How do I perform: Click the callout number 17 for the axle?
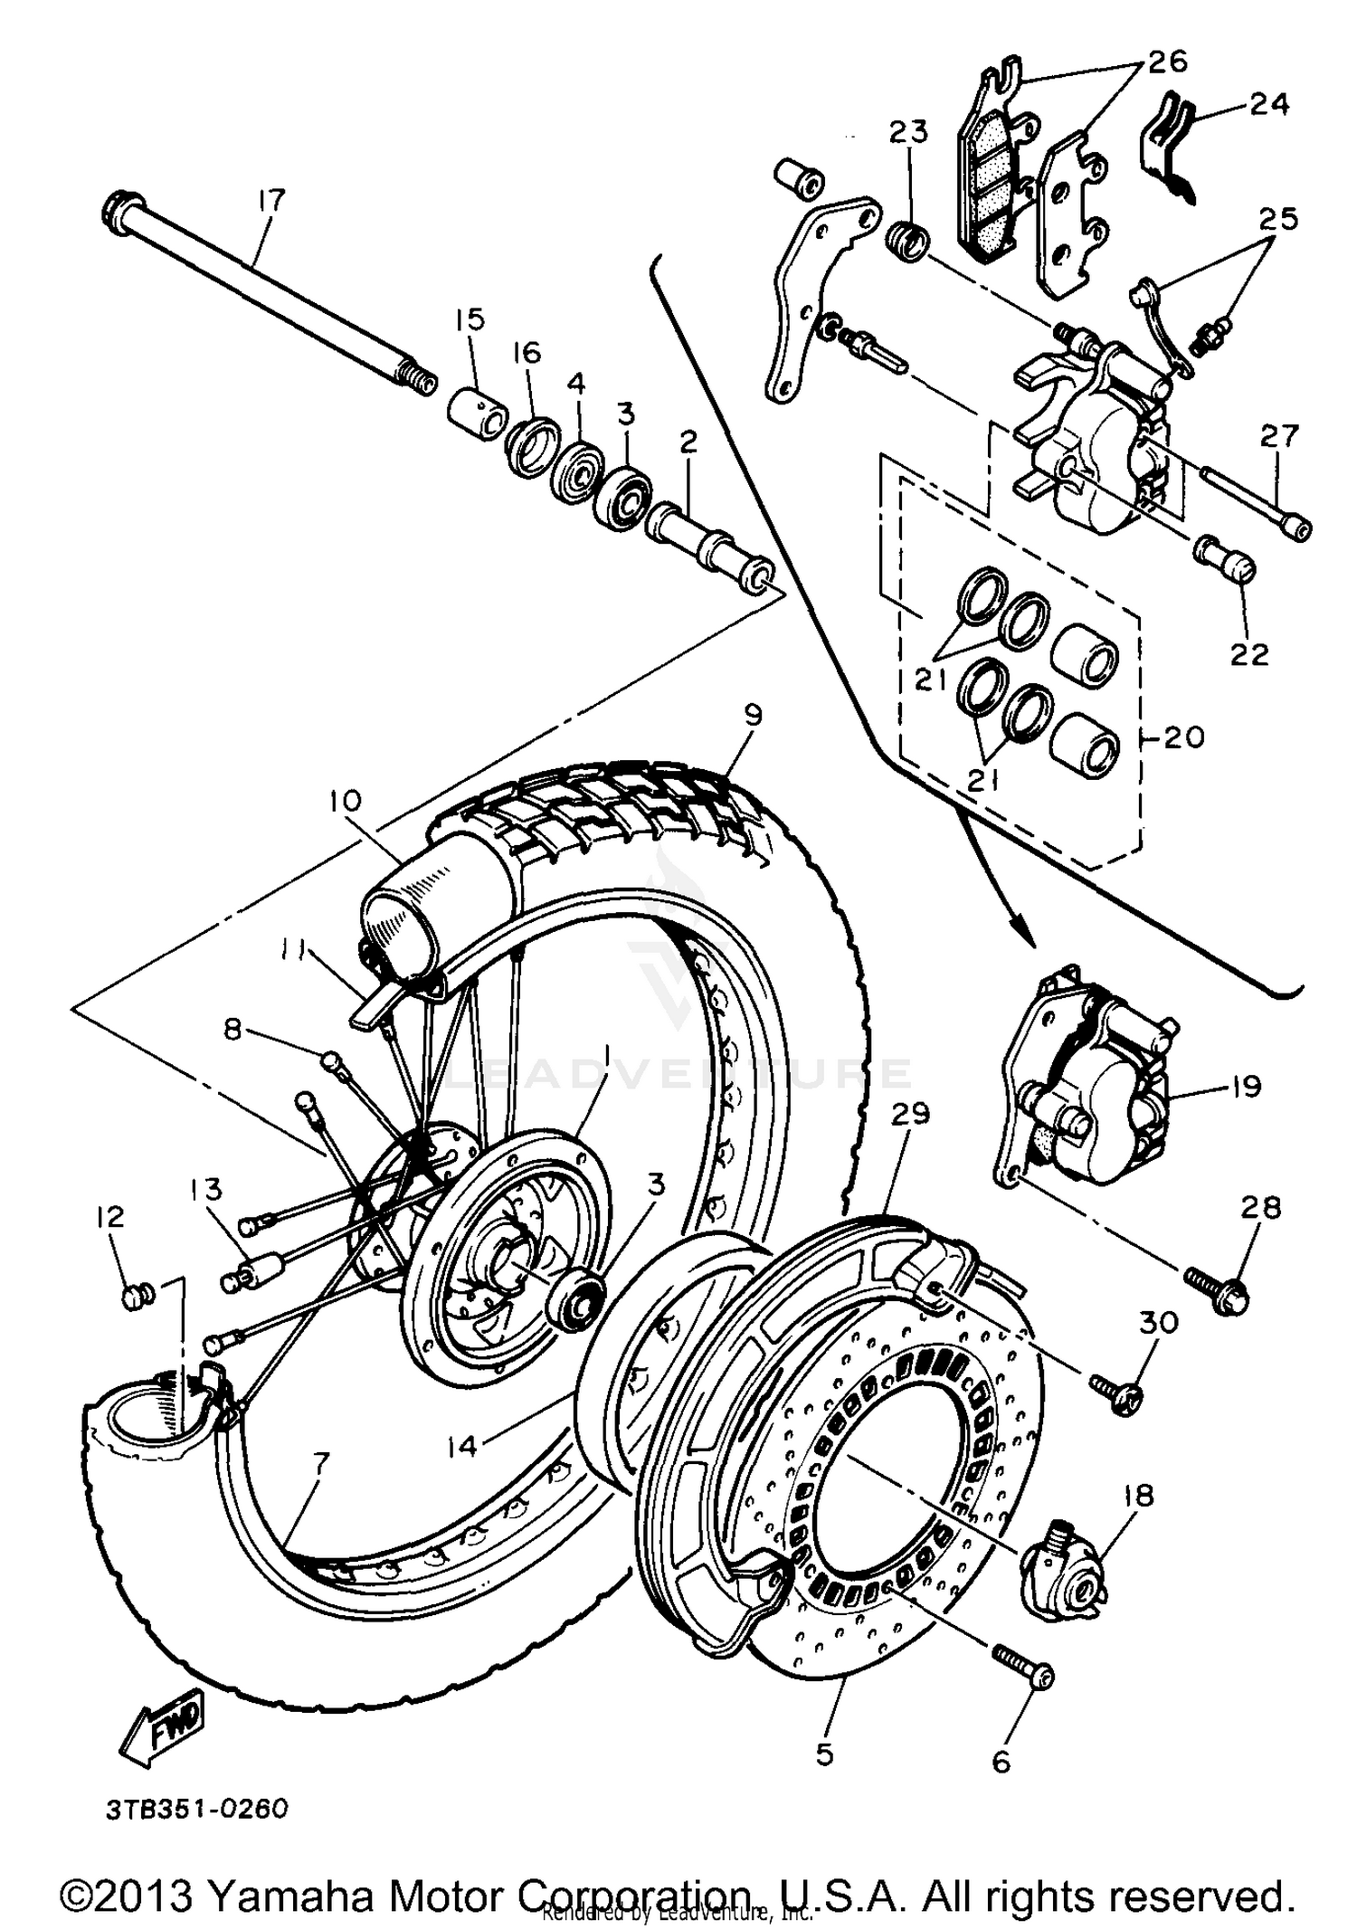click(x=270, y=200)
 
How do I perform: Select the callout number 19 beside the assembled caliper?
click(x=1246, y=1086)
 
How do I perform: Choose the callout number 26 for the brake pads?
click(x=1168, y=63)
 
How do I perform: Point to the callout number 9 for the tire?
click(x=752, y=716)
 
